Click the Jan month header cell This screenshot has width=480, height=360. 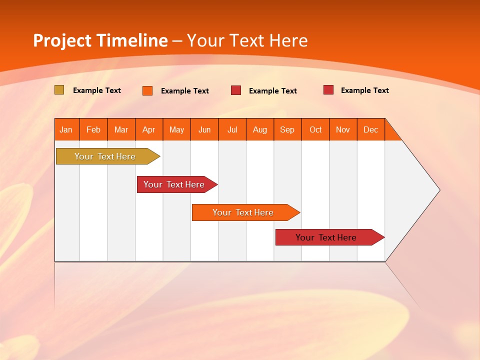66,129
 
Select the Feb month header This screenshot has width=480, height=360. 93,129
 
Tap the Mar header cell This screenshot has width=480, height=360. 121,129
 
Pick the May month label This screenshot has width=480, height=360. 176,129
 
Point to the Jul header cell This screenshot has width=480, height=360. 232,129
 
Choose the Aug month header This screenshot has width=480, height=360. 260,129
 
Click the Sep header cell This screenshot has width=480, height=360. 287,129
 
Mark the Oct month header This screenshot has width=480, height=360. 315,129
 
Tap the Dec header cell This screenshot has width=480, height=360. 371,129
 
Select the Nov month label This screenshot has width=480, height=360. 343,129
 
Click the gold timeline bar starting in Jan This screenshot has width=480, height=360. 105,156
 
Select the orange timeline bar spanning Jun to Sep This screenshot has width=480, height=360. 243,212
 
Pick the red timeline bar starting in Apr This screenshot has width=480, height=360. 174,184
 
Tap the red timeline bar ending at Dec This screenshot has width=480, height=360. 326,237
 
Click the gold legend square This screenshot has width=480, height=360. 59,90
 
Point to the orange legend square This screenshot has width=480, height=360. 147,90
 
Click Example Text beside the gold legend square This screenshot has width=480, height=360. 97,90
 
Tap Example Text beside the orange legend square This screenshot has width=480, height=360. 185,91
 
